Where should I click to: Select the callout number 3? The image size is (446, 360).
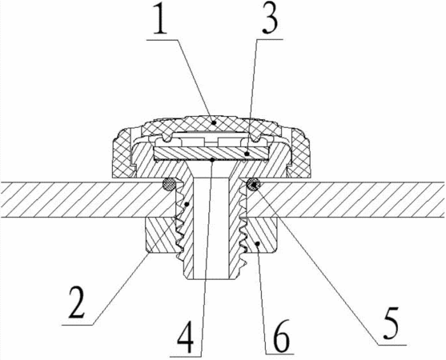click(269, 20)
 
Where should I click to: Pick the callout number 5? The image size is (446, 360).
click(391, 322)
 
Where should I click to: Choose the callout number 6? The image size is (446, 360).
click(280, 336)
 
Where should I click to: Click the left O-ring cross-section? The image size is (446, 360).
click(169, 185)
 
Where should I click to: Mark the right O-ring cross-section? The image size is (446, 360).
click(254, 185)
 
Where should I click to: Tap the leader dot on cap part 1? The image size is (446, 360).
click(215, 123)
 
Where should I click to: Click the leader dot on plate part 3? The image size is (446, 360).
click(247, 154)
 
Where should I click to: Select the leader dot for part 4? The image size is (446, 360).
click(212, 160)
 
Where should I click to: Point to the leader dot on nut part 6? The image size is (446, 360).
click(257, 243)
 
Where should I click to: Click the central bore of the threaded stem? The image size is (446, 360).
click(211, 227)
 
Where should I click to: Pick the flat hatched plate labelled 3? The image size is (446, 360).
click(211, 154)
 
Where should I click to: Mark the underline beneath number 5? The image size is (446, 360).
click(392, 346)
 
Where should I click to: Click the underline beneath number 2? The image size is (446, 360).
click(78, 324)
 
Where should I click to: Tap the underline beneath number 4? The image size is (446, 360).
click(186, 356)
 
